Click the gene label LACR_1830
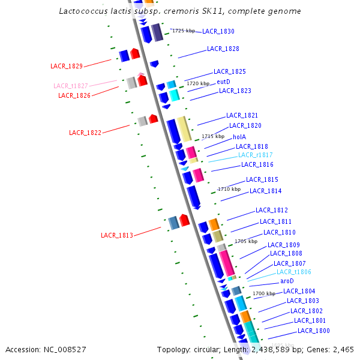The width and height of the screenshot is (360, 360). [x=218, y=31]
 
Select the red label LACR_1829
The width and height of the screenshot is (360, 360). [x=67, y=66]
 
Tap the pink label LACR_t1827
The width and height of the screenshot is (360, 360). [x=71, y=86]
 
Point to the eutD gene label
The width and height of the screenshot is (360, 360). [x=223, y=82]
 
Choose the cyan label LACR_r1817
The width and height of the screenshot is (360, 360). [x=256, y=155]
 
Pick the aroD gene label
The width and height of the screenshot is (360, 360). [x=287, y=281]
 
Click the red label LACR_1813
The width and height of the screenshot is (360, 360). [x=117, y=236]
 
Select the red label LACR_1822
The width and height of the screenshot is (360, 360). [x=85, y=133]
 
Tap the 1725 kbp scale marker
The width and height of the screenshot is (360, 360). [x=183, y=31]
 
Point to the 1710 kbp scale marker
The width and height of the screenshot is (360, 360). [x=229, y=189]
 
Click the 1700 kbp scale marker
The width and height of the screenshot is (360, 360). [x=264, y=293]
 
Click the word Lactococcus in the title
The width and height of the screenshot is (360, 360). [x=83, y=11]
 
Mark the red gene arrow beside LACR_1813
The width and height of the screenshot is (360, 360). [x=185, y=221]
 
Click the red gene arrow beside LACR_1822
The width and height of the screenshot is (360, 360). [x=153, y=119]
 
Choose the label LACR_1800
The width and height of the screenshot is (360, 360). [x=314, y=331]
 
